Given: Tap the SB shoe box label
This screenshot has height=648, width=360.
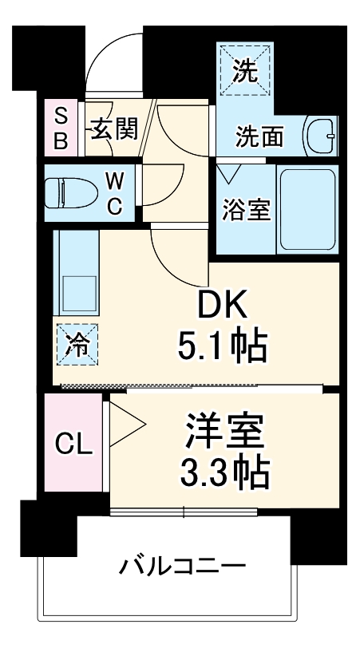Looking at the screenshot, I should coord(61,128).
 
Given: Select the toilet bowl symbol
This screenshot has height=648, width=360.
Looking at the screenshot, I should coord(66,192).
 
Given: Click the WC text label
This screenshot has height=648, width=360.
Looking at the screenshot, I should coord(114,194).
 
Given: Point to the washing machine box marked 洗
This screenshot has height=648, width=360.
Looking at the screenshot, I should coord(245,72).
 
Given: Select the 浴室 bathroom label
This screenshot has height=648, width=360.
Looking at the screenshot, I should coord(245,211).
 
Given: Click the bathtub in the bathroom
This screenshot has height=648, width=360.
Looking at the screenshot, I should coord(307,209).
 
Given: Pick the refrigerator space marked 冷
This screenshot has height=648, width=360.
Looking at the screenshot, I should coord(77,343).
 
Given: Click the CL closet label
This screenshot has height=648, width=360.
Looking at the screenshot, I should coord(73,444).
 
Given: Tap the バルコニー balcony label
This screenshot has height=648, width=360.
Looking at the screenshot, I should coord(182,568).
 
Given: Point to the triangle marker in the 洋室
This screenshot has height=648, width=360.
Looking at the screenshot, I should coord(124,424).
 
